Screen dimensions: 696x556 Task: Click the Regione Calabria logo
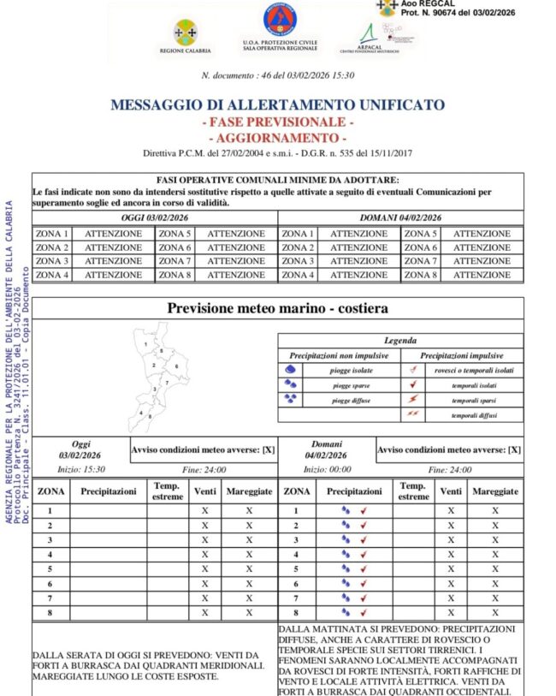184,37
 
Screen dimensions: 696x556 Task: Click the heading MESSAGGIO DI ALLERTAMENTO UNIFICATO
277,105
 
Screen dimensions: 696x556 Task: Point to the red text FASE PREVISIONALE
278,122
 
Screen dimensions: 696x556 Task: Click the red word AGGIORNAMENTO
278,138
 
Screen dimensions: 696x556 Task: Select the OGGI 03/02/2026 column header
155,218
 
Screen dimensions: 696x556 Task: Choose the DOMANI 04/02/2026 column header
400,218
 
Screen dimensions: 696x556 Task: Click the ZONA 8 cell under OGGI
175,275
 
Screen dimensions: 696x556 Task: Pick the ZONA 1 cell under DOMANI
299,233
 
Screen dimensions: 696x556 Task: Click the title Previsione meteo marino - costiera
277,308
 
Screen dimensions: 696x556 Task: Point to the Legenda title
400,341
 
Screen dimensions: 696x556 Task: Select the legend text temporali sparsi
476,400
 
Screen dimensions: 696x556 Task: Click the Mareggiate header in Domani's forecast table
495,491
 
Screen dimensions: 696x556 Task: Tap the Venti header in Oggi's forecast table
205,491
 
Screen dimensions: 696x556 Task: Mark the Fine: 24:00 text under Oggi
204,470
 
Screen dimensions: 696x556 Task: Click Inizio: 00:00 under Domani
327,470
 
